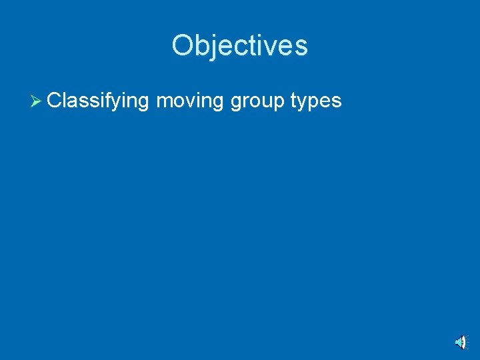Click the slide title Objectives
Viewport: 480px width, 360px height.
pos(239,45)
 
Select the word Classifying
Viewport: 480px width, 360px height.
pos(98,101)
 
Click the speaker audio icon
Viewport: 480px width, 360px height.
pos(461,342)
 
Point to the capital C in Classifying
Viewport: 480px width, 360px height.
pos(55,101)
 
